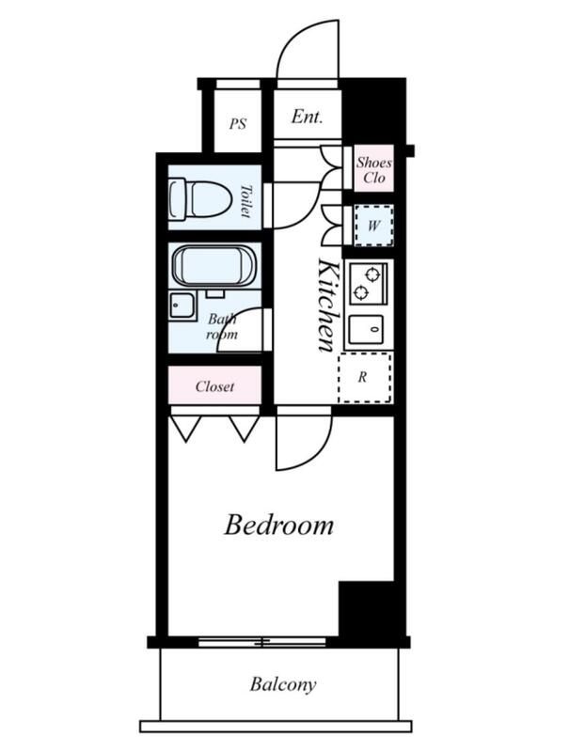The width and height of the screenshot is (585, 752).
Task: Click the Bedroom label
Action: pos(278,525)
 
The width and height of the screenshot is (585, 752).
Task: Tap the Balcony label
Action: pos(283,684)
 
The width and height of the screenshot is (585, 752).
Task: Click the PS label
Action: pos(238,124)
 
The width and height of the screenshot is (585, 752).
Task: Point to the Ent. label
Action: pos(308,117)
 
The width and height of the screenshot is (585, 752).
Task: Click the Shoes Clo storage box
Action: pos(373,169)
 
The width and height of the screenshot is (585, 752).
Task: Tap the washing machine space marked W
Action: pos(373,226)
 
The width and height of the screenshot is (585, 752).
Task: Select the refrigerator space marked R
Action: pos(365,378)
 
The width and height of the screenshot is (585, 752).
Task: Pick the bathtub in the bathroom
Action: pos(214,265)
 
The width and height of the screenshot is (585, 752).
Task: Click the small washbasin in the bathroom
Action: pos(182,306)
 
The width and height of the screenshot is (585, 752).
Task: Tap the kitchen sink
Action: pos(366,330)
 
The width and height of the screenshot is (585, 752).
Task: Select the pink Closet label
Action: pos(215,386)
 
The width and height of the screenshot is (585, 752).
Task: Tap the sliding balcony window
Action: pos(262,642)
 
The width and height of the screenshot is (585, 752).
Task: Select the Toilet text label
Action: pos(245,201)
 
